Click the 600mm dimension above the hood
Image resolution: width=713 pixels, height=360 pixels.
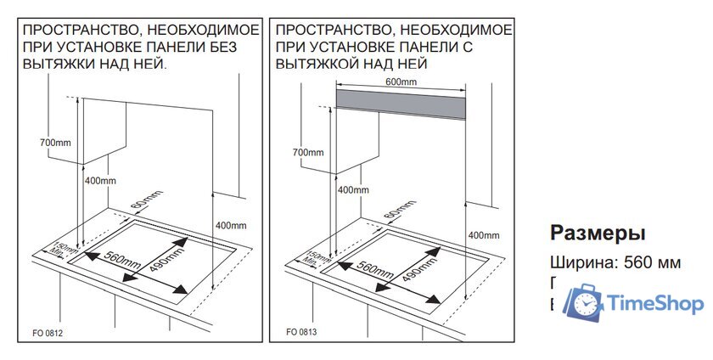pos(401,82)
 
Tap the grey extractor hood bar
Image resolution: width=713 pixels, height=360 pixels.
pos(401,103)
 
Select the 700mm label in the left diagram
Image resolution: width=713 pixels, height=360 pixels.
pos(55,143)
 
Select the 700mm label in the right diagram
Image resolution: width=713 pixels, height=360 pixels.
pos(307,153)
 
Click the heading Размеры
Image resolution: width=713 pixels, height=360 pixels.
pos(598,233)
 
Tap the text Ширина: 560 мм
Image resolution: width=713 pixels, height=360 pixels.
pos(615,262)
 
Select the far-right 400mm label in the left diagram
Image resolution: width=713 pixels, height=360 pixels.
pos(231,225)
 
